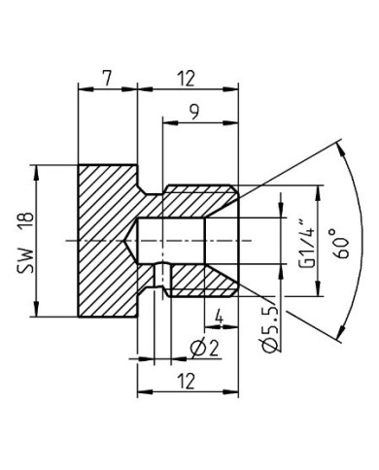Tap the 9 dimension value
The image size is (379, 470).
pyautogui.click(x=197, y=113)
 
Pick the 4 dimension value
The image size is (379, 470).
pyautogui.click(x=220, y=316)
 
